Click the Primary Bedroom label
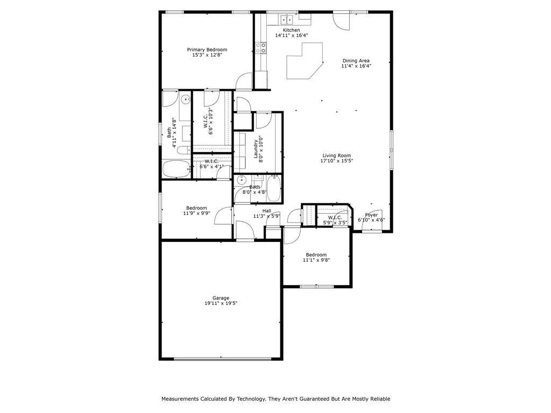click(x=207, y=50)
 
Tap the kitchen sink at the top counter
click(x=287, y=20)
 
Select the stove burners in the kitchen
click(x=261, y=48)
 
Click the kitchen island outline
click(x=305, y=61)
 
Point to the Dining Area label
click(x=356, y=61)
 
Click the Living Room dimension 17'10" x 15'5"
click(x=336, y=161)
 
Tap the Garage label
click(x=221, y=298)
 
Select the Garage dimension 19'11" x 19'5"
click(x=221, y=303)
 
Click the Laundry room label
click(x=256, y=149)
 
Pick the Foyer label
click(x=371, y=215)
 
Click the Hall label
click(x=267, y=211)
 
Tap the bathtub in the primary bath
click(x=176, y=169)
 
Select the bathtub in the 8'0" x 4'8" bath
click(x=274, y=189)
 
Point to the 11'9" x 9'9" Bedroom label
click(x=196, y=208)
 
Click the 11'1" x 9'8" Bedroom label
click(x=316, y=255)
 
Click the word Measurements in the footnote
click(x=180, y=399)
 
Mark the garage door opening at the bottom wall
click(x=223, y=359)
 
